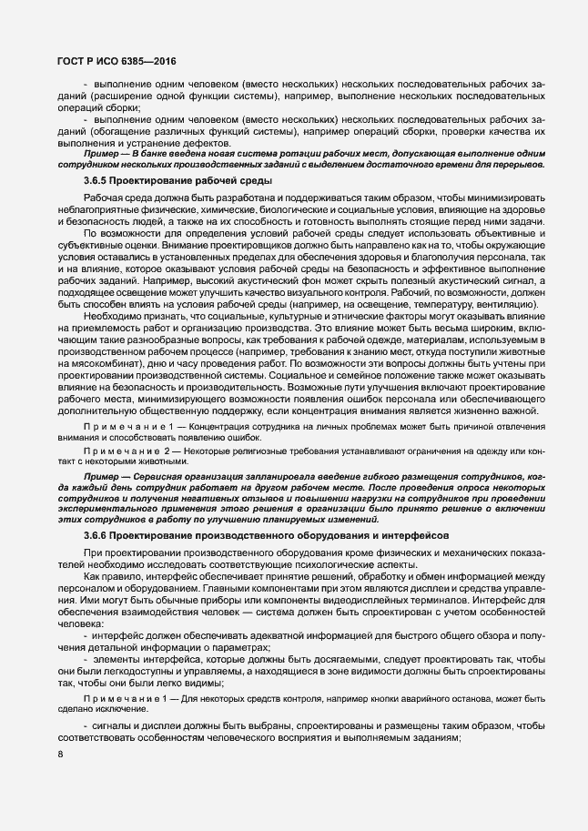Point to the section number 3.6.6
point(99,536)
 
